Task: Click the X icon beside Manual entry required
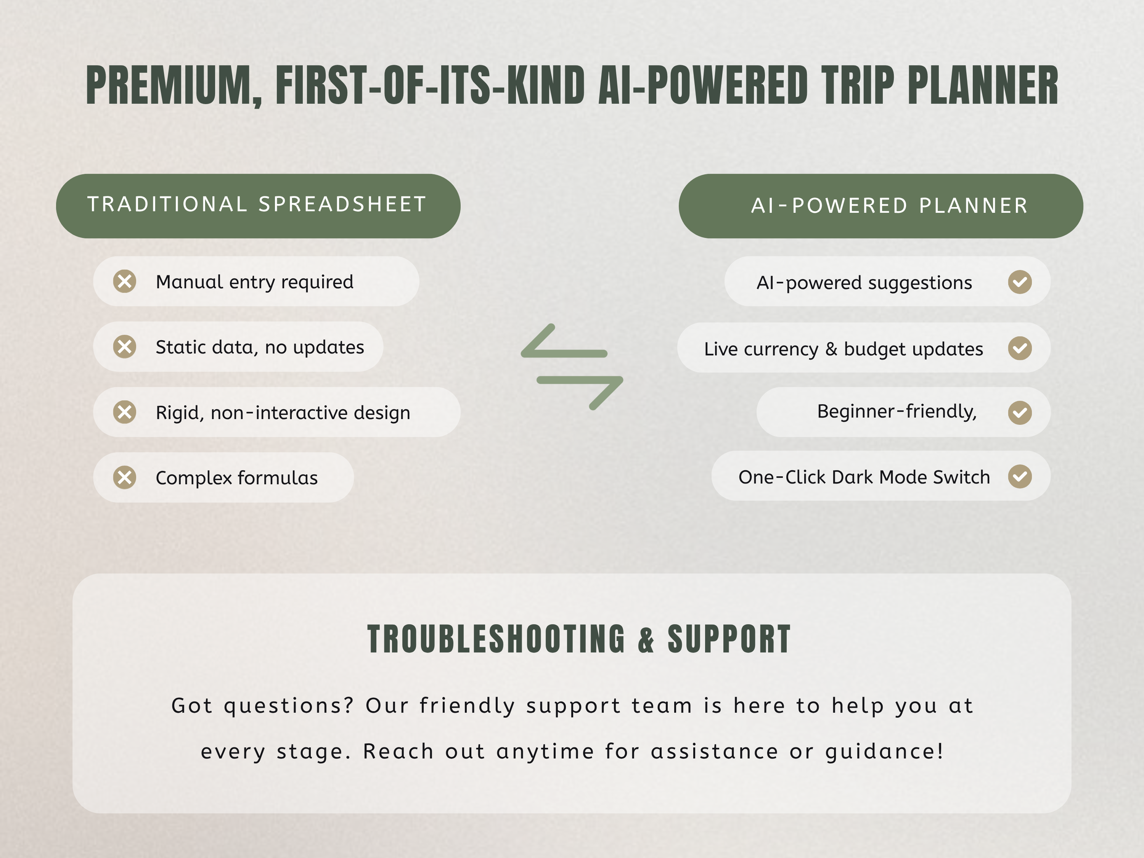(125, 281)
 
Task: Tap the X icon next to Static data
(125, 347)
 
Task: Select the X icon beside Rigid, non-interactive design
(125, 412)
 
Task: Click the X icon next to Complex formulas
(125, 477)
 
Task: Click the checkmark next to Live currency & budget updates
(1020, 348)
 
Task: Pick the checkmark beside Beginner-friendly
(1020, 413)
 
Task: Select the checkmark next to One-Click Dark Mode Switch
(1020, 476)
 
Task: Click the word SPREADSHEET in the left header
(342, 204)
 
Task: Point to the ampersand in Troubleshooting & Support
(646, 640)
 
